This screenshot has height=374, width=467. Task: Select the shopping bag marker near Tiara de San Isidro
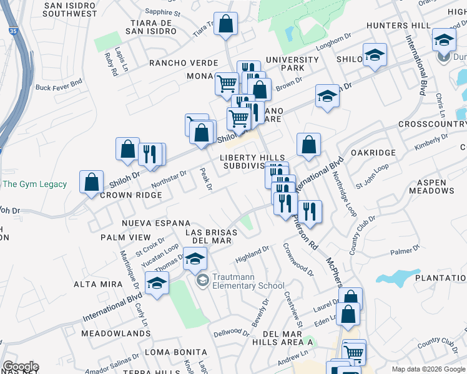click(227, 26)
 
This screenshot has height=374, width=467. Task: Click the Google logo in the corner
click(20, 367)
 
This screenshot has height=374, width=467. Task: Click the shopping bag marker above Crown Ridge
click(92, 182)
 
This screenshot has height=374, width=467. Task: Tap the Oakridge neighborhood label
click(373, 153)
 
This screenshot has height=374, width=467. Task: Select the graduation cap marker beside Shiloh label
click(375, 55)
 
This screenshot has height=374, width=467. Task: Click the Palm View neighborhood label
click(125, 237)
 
